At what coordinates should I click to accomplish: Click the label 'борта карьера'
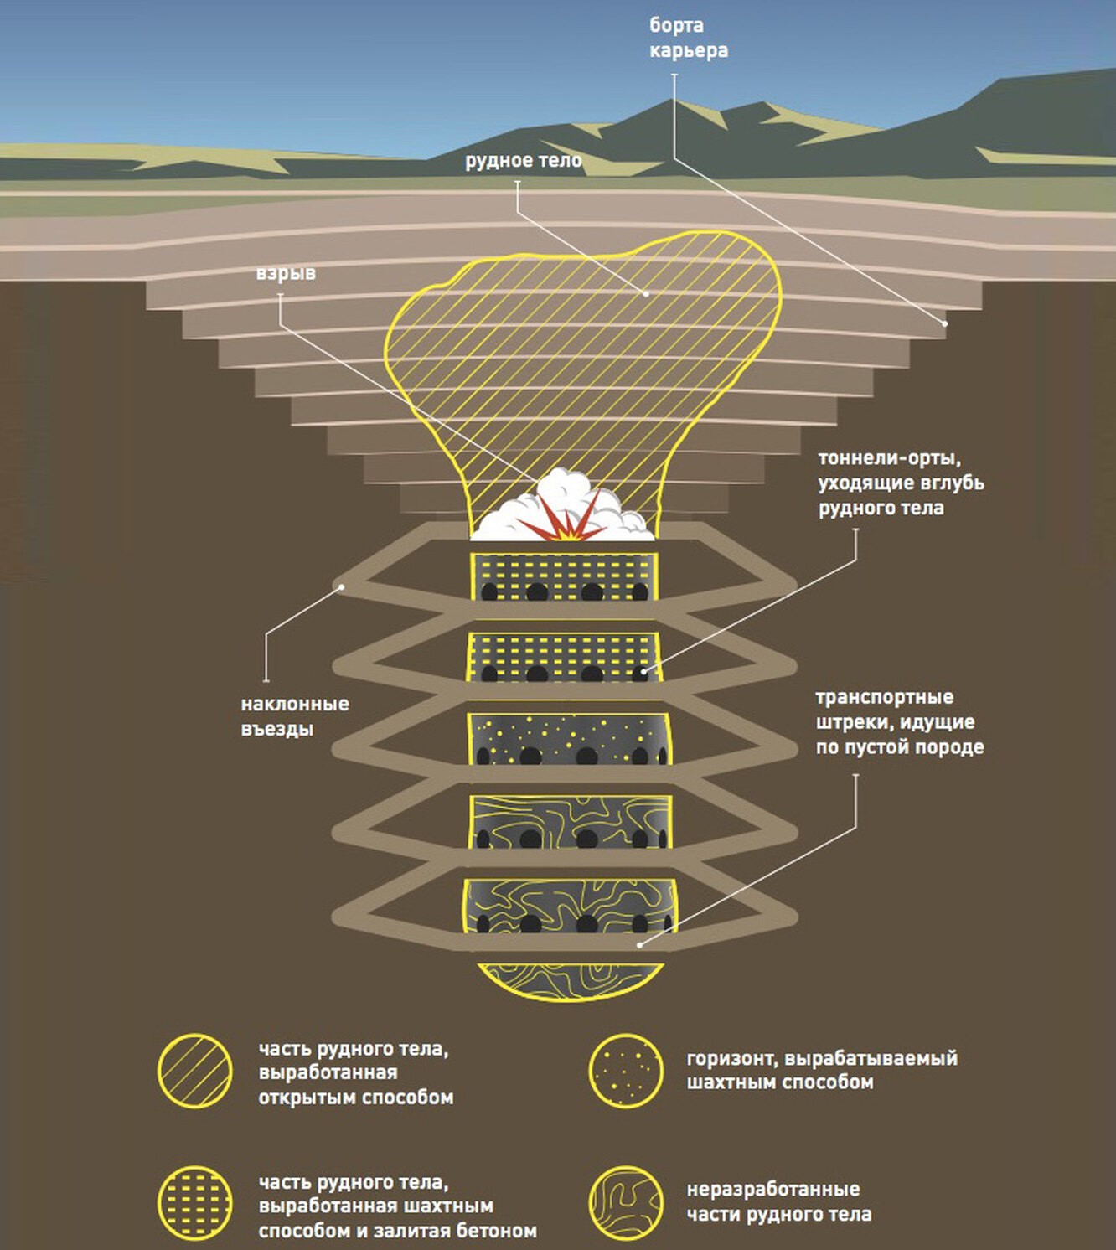(688, 39)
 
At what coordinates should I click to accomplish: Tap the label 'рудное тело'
(523, 161)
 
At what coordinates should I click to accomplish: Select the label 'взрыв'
(286, 274)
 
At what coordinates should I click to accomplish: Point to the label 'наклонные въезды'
(294, 716)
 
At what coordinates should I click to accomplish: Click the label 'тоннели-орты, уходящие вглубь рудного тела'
(901, 483)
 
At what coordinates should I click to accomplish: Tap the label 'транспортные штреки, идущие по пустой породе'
(900, 722)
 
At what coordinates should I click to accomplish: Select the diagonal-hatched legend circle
(195, 1072)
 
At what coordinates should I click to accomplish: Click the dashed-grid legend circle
(195, 1204)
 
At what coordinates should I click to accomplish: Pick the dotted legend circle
(626, 1072)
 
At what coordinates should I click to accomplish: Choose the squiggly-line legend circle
(626, 1204)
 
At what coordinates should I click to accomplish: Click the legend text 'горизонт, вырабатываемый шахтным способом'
(821, 1071)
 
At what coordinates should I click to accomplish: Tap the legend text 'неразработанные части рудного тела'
(778, 1202)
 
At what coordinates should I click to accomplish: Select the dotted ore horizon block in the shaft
(568, 739)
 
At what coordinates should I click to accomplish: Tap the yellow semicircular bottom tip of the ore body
(570, 981)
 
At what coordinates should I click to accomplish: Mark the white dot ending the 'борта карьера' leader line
(945, 323)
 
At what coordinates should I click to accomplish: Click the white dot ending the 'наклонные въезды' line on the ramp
(342, 587)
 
